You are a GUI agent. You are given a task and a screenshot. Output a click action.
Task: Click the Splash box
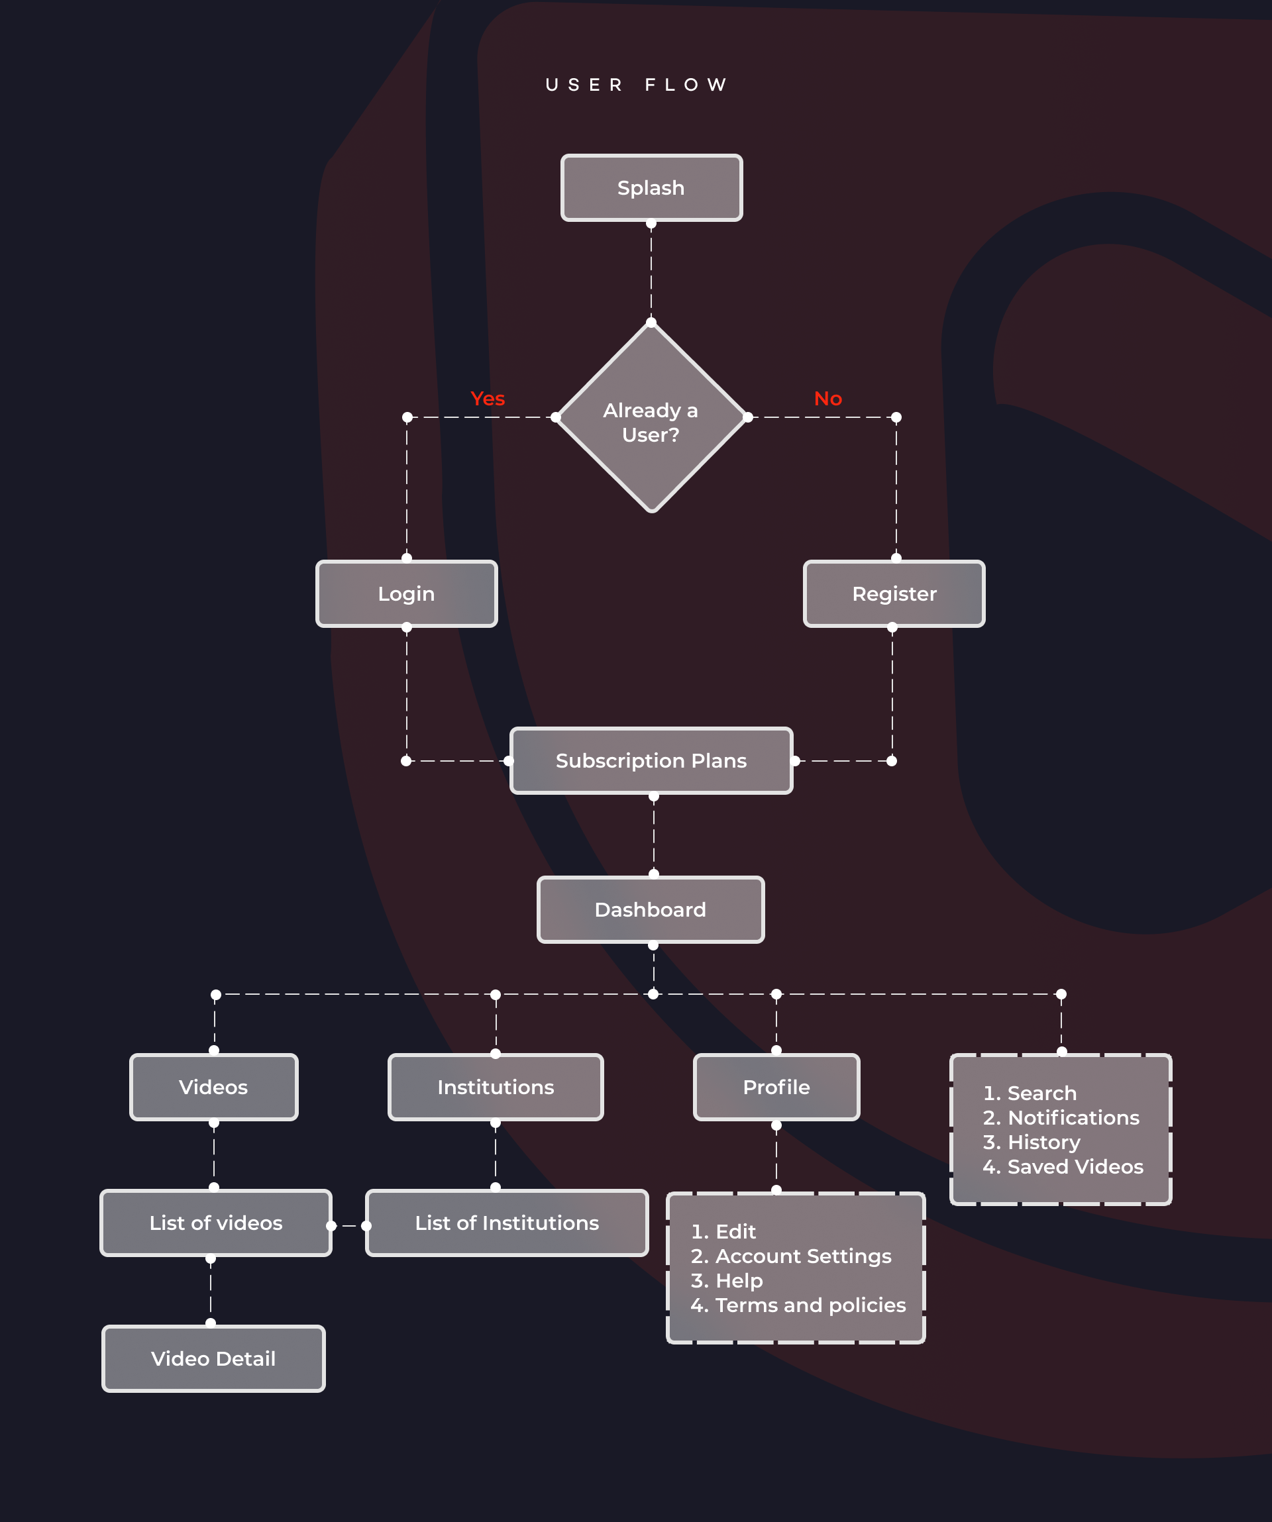652,187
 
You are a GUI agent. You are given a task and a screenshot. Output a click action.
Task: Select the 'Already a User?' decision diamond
652,417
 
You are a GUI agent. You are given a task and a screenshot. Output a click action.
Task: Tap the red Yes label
487,399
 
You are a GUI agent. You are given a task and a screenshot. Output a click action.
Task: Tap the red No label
827,399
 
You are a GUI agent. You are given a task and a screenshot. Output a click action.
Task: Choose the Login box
407,593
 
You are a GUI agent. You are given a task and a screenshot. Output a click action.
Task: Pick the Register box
894,593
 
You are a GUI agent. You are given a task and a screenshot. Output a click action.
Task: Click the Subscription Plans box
652,761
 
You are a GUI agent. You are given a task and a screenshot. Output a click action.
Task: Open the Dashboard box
651,909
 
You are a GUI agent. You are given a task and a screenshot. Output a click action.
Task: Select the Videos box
214,1087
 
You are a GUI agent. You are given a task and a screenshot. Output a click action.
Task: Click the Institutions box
496,1087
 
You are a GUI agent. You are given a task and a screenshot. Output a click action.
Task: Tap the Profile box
777,1087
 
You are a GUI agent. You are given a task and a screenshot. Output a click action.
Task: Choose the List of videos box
216,1223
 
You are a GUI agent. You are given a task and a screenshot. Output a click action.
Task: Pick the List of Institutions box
507,1223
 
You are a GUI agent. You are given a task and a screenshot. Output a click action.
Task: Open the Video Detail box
214,1359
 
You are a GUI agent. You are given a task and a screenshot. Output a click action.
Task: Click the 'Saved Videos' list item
1063,1167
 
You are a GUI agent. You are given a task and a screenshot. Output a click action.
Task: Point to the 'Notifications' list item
1061,1117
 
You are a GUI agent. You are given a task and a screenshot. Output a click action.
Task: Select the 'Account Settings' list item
791,1256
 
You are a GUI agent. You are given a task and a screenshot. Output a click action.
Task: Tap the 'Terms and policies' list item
798,1305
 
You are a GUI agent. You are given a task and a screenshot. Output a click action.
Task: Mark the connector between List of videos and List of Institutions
348,1225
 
